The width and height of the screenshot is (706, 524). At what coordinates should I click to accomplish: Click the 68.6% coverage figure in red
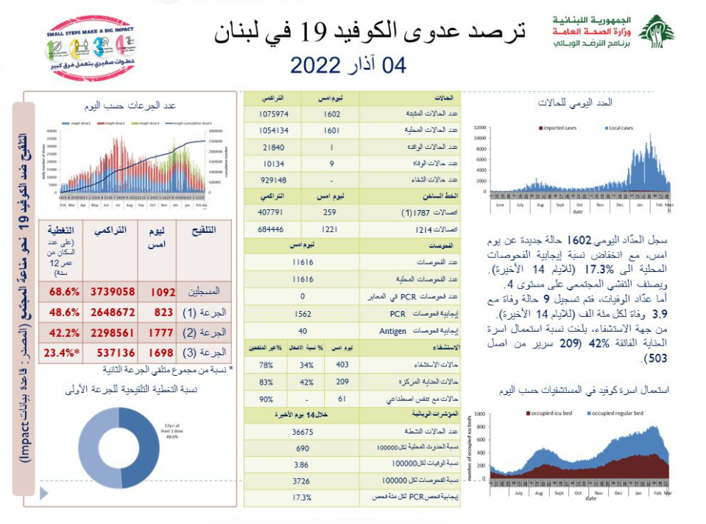click(64, 292)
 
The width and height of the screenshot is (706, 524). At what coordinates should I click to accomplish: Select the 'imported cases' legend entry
click(559, 128)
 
